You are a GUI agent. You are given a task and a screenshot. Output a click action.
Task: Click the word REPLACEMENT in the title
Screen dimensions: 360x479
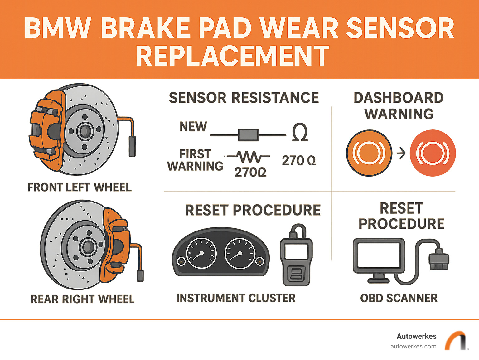tap(232, 56)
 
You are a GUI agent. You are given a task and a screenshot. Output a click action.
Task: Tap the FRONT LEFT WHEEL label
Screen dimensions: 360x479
tap(80, 187)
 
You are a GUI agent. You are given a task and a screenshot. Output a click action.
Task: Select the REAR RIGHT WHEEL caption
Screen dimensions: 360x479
tap(82, 299)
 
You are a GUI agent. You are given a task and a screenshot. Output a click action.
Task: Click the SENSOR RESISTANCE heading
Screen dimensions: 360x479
tap(244, 98)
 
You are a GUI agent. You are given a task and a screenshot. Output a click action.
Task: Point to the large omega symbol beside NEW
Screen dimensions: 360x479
tap(300, 133)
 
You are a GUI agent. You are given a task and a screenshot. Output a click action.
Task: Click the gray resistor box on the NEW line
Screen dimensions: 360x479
tap(248, 135)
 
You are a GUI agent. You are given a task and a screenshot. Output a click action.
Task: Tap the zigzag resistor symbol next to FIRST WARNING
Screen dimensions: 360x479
tap(248, 157)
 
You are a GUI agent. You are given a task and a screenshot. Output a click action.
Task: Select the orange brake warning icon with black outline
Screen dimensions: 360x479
tap(369, 153)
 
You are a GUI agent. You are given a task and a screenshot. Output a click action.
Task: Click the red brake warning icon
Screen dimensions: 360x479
tap(433, 153)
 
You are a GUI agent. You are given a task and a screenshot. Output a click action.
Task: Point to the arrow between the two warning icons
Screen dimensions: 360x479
tap(401, 153)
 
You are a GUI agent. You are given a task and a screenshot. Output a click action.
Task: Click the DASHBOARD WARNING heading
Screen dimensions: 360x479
tap(399, 106)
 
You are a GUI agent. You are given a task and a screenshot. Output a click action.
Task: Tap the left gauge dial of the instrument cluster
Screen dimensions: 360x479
tap(201, 253)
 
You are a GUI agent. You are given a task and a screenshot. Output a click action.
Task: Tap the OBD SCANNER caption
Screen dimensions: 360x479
tap(399, 298)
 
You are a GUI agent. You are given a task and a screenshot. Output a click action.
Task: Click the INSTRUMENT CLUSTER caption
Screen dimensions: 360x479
tap(236, 298)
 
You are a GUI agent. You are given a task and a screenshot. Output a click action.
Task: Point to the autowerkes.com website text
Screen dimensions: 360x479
tap(413, 346)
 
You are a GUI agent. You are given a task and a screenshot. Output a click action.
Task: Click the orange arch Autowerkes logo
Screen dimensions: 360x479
tap(456, 341)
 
